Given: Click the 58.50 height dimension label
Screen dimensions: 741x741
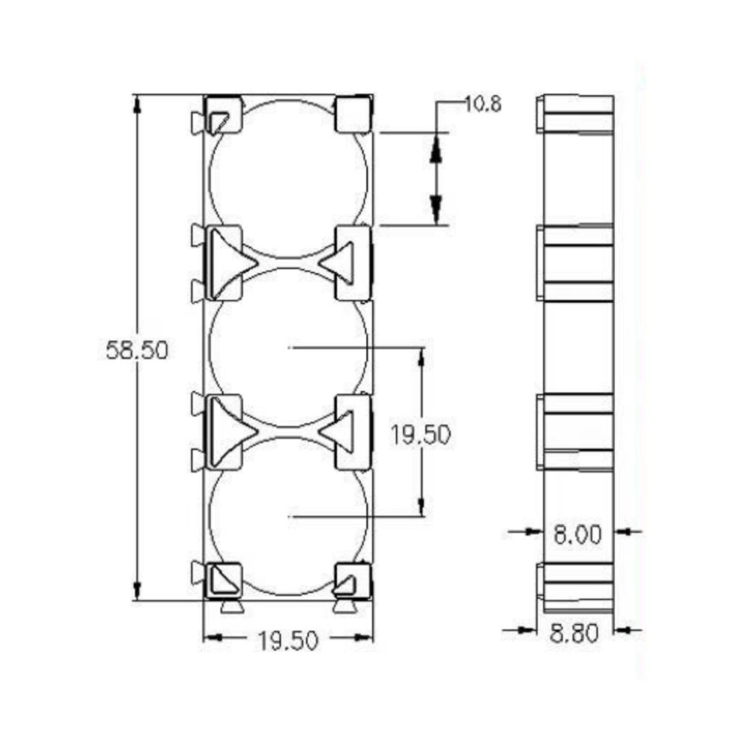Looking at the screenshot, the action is click(137, 350).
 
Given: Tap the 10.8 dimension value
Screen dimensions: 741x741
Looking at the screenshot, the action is click(483, 104).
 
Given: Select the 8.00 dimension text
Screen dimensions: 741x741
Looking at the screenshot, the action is click(577, 534).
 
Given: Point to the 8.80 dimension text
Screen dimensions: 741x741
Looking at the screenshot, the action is click(574, 633).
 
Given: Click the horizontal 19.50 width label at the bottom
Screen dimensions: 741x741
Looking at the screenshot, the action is click(288, 641).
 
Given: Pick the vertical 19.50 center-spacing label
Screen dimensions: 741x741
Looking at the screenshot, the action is click(421, 435).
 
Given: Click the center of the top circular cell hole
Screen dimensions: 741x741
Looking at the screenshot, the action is click(288, 179).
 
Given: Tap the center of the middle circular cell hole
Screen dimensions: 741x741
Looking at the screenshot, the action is click(288, 348).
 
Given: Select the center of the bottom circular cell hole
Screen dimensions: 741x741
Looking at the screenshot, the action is click(288, 516).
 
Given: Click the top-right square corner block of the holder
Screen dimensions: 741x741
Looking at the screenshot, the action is click(353, 114).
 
